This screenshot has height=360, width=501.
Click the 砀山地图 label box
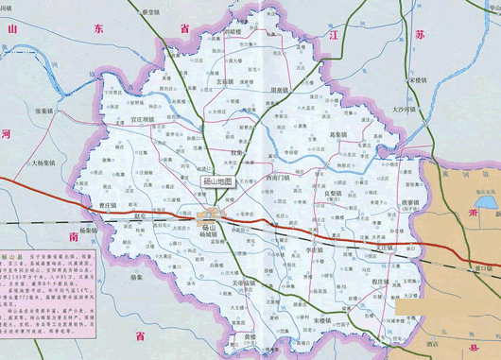pos(217,182)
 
